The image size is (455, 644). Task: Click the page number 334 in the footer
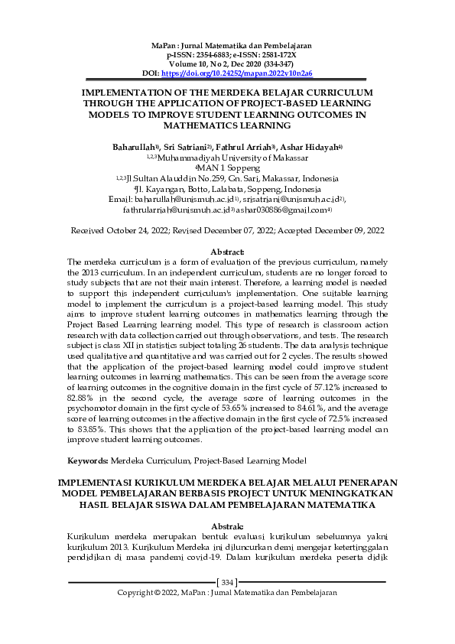(x=227, y=583)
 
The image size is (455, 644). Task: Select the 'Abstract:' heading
(x=227, y=251)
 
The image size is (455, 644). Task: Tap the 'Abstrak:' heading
(x=227, y=526)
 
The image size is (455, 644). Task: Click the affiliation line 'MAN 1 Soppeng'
(x=229, y=167)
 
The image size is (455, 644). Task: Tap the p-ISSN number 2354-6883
(x=204, y=56)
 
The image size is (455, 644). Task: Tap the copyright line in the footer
(x=227, y=593)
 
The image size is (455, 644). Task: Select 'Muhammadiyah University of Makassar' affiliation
(x=232, y=157)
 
